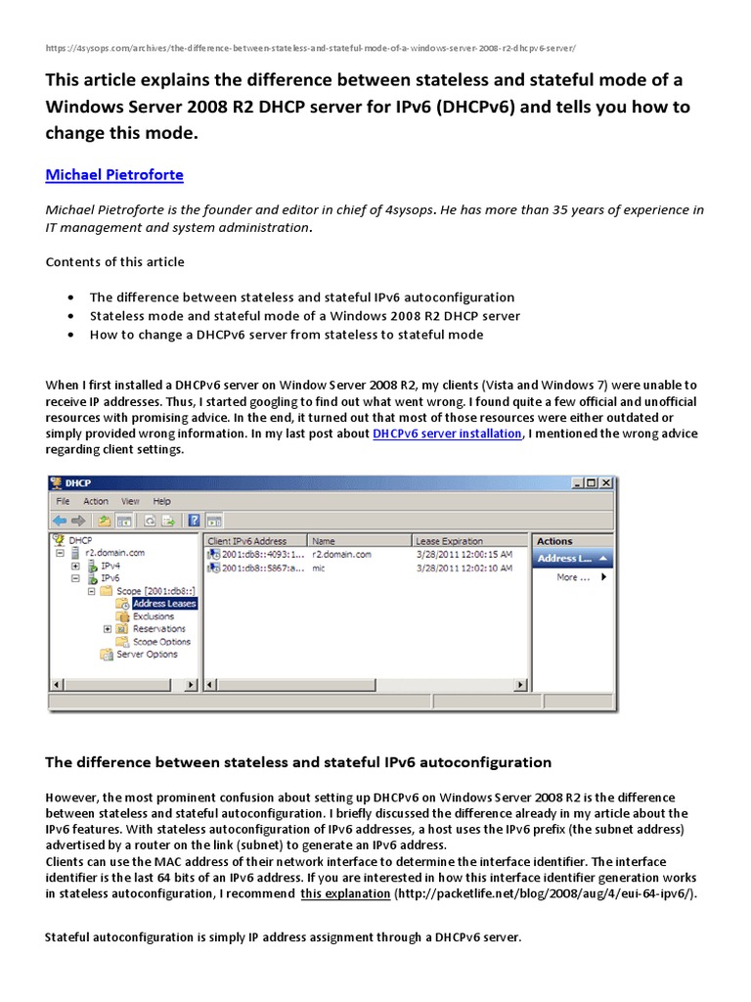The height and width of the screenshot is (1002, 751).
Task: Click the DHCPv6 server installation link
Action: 447,433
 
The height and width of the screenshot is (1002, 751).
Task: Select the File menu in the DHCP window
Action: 64,501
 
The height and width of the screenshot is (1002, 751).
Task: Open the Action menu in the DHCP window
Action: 96,501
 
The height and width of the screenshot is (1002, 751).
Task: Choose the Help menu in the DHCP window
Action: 161,501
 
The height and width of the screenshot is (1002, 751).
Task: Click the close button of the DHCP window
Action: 606,482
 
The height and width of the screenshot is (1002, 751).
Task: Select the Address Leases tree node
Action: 163,604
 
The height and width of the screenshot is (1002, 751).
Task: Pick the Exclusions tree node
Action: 154,616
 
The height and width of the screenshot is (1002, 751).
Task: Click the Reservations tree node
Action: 158,629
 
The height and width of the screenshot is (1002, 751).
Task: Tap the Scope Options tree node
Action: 161,642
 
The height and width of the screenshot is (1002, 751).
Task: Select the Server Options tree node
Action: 147,655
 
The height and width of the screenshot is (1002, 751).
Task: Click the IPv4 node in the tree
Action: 110,566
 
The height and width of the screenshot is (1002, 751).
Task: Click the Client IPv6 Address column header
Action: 247,540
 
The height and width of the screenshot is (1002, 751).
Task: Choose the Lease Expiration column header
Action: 449,540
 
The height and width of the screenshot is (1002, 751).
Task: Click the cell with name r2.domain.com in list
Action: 341,554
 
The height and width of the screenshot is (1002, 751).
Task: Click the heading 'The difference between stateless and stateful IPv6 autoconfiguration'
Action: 299,761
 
